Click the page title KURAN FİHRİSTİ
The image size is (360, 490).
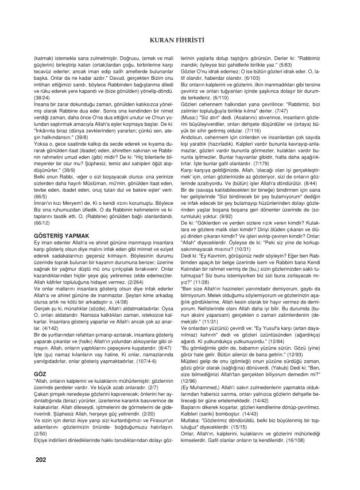pos(180,41)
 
